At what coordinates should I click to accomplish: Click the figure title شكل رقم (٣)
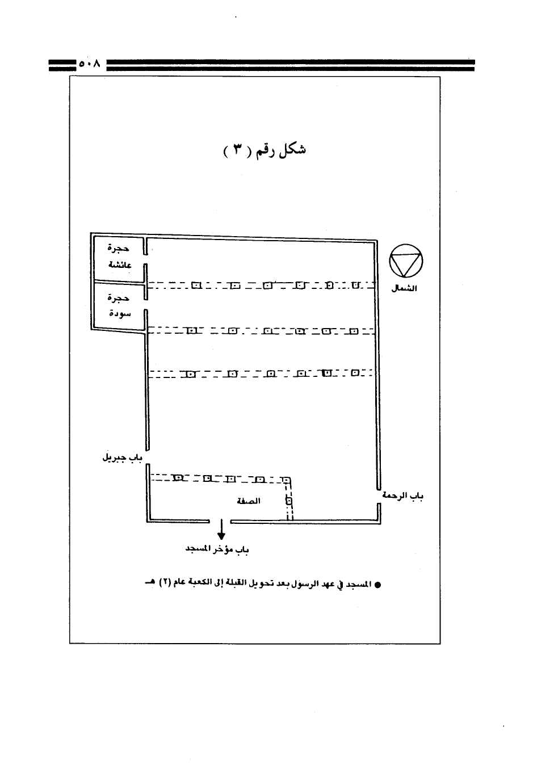pyautogui.click(x=265, y=150)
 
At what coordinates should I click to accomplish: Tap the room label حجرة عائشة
pyautogui.click(x=119, y=257)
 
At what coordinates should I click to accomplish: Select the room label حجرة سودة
pyautogui.click(x=119, y=306)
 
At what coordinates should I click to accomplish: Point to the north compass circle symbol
pyautogui.click(x=406, y=261)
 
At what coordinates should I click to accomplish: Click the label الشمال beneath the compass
pyautogui.click(x=404, y=288)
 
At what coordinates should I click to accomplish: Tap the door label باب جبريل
pyautogui.click(x=123, y=457)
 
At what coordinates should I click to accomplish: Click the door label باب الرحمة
pyautogui.click(x=402, y=496)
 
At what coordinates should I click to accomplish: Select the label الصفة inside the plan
pyautogui.click(x=249, y=501)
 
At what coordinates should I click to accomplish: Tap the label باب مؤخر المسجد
pyautogui.click(x=217, y=549)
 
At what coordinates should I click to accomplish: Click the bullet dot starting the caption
pyautogui.click(x=377, y=585)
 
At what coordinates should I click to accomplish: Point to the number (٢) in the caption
pyautogui.click(x=164, y=583)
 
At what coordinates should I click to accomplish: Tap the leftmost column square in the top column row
pyautogui.click(x=197, y=285)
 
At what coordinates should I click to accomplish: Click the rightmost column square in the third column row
pyautogui.click(x=355, y=373)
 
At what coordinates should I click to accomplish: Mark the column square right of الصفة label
pyautogui.click(x=288, y=501)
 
